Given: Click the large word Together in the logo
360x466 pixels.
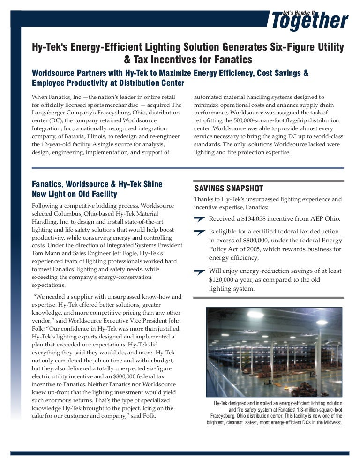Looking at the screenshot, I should (309, 21).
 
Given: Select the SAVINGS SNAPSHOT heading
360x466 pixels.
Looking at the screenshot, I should (229, 188).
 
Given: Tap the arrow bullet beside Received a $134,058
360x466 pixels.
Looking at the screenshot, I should (199, 219).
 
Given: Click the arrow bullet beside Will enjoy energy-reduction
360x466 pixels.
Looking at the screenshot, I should (199, 271).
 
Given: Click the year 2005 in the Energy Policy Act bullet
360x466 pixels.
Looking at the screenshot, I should (271, 249).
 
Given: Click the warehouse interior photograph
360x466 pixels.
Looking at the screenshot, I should (275, 352).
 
